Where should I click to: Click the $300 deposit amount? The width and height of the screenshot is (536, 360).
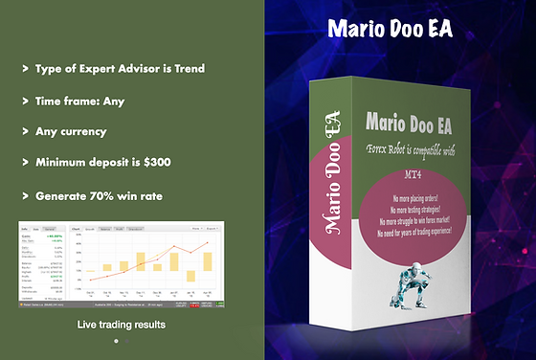(x=156, y=163)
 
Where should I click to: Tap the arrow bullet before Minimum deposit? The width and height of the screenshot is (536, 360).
(x=24, y=163)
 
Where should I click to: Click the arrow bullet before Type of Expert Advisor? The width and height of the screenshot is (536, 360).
(x=24, y=69)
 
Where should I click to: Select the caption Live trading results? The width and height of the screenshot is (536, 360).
(x=121, y=326)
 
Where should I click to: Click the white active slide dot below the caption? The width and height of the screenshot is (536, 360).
(x=116, y=340)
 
